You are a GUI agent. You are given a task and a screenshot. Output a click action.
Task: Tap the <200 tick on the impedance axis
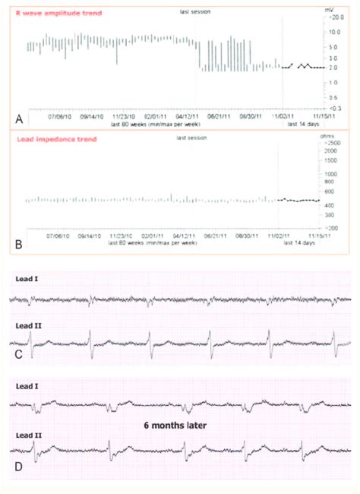tap(332, 228)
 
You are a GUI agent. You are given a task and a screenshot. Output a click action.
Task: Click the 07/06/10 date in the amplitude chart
tap(59, 117)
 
